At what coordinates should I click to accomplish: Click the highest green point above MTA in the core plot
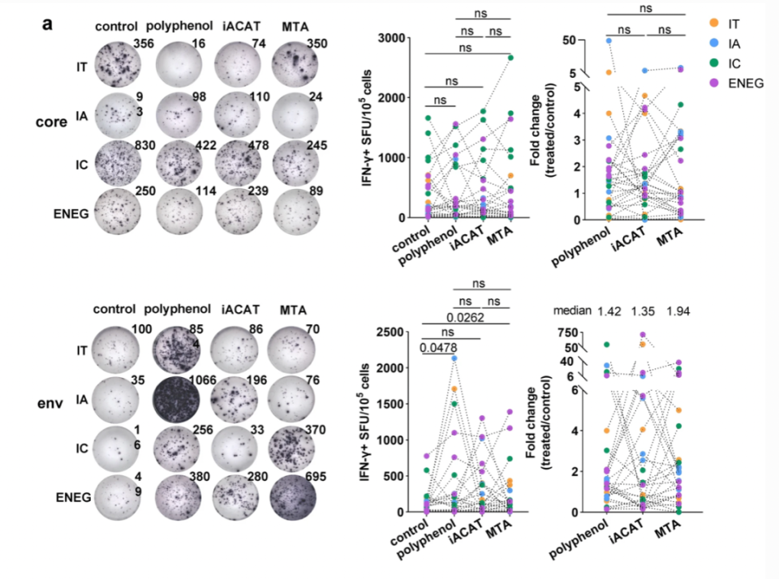coord(510,58)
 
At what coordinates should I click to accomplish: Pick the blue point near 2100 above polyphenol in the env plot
coord(454,358)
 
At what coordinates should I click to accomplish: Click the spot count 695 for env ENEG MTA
coord(316,477)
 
